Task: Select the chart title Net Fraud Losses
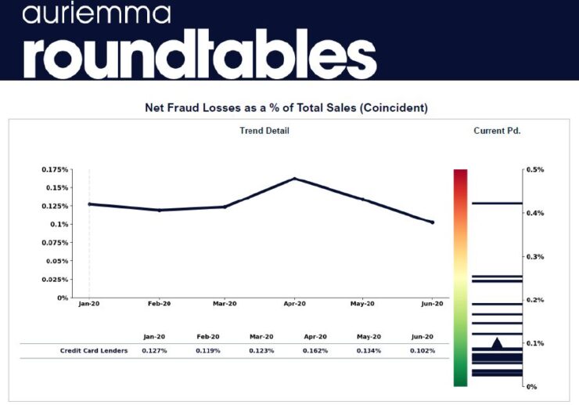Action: (x=287, y=107)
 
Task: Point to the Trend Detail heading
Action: (x=264, y=131)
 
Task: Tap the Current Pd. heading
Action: (x=497, y=131)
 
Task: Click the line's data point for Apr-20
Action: (x=295, y=179)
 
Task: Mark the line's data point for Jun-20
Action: (x=432, y=222)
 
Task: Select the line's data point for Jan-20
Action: (x=90, y=204)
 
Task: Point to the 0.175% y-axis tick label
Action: (x=54, y=169)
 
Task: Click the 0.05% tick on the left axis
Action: (x=56, y=261)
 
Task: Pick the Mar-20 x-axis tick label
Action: (x=225, y=303)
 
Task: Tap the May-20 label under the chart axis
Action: (x=362, y=303)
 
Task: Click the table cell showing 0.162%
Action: (x=315, y=350)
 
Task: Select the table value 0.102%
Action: (x=423, y=350)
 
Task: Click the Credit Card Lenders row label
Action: (x=94, y=350)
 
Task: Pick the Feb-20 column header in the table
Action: (x=207, y=336)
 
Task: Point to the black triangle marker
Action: (x=497, y=343)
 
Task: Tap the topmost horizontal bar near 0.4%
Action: (x=497, y=203)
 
